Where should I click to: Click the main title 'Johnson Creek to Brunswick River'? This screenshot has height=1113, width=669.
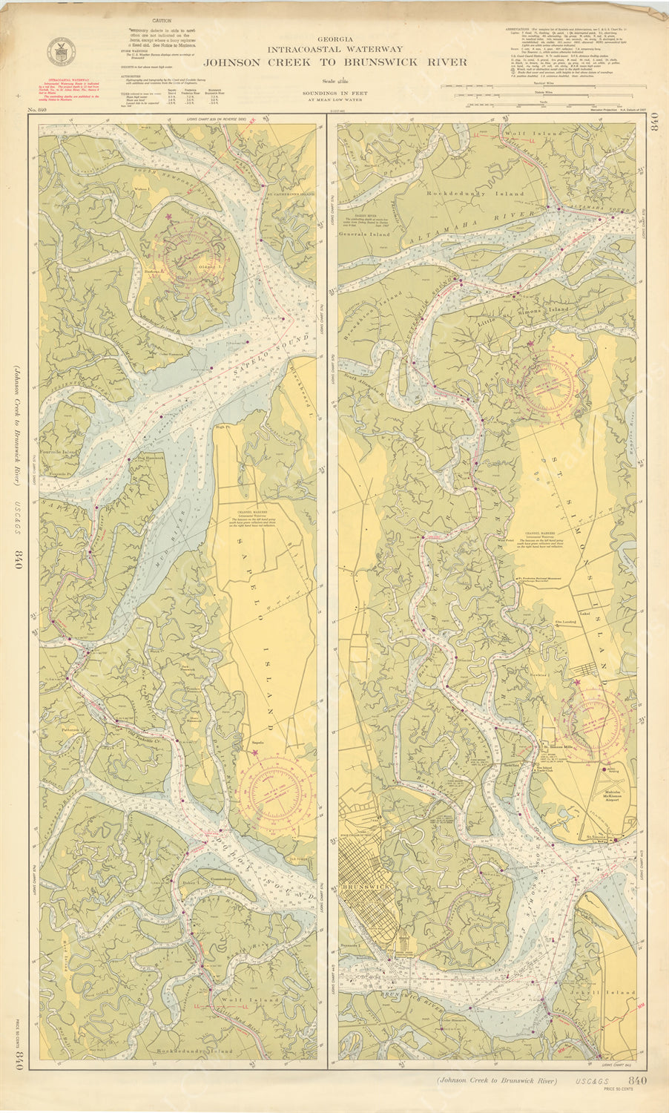click(335, 62)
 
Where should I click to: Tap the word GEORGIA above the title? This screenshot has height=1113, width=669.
click(335, 39)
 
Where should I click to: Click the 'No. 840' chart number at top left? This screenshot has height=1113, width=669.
click(37, 111)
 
